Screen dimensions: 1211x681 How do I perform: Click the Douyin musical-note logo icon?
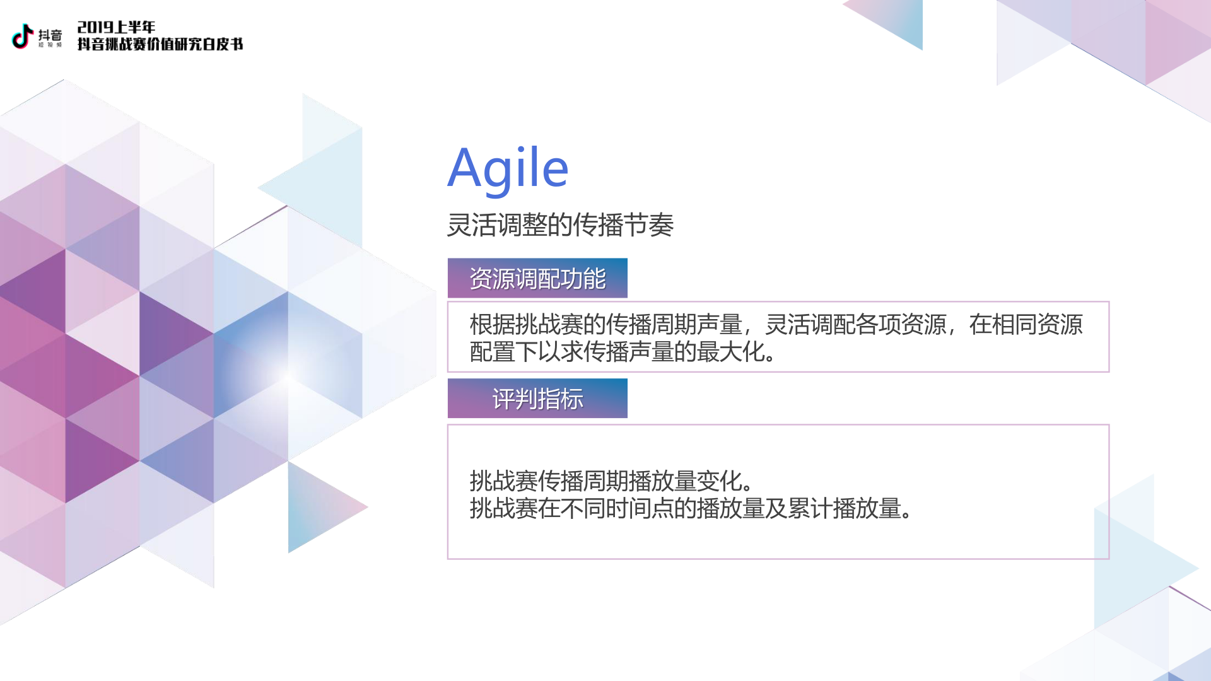point(23,36)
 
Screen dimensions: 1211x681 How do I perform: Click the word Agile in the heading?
point(508,168)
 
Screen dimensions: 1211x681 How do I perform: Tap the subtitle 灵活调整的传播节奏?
point(560,225)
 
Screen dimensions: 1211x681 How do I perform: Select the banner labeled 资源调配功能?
point(537,278)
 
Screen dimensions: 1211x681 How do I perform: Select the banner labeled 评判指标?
point(537,399)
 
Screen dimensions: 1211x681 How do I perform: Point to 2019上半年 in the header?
point(116,27)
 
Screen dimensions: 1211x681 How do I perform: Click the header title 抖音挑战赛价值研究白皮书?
point(160,44)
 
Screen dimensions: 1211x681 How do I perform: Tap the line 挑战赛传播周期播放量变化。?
point(611,481)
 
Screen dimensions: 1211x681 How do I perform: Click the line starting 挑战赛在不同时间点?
point(691,508)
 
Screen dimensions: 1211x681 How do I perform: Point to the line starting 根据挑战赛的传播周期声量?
point(776,325)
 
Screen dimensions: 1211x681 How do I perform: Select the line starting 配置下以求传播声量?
point(623,352)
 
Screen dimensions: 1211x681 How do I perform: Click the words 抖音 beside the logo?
point(50,35)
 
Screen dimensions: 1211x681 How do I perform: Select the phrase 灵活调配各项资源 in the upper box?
point(856,325)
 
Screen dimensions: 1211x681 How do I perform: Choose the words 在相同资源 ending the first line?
point(1026,325)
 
